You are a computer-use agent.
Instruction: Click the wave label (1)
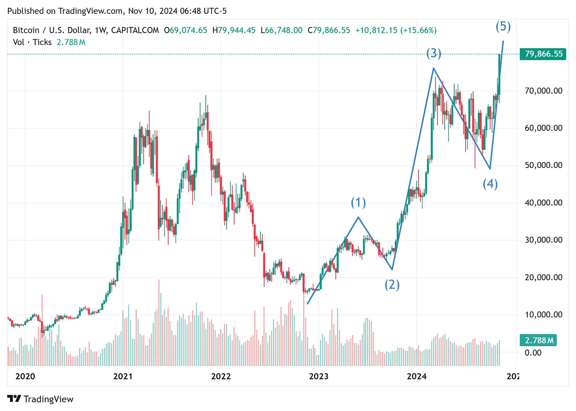coord(358,203)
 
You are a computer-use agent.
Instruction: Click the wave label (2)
coord(392,285)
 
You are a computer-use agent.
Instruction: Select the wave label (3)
coord(434,53)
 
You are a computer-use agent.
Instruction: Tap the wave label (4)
coord(490,184)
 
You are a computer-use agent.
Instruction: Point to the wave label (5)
coord(503,26)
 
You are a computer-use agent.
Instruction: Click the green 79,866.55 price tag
coord(543,54)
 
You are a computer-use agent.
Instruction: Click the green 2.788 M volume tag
coord(538,340)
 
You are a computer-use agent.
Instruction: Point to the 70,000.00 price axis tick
coord(543,91)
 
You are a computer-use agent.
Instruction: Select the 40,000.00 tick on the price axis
coord(543,203)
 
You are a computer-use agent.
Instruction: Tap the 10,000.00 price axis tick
coord(543,315)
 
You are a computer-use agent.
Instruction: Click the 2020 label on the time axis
coord(25,376)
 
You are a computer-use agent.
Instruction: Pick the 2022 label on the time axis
coord(221,376)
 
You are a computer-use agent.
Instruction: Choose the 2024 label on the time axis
coord(417,376)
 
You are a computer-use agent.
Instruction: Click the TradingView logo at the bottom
coord(41,399)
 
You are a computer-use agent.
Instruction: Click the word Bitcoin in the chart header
coord(26,30)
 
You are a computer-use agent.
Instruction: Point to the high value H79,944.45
coord(234,30)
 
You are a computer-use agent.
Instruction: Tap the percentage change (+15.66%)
coord(418,30)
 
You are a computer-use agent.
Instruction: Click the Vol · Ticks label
coord(32,42)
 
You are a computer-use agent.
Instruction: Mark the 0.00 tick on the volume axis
coord(533,353)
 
